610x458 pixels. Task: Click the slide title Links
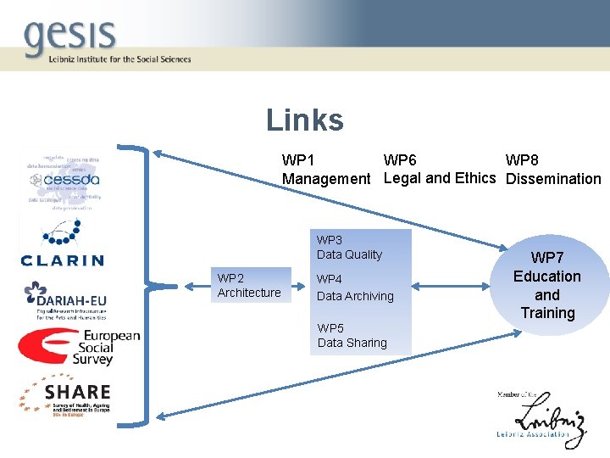coord(305,120)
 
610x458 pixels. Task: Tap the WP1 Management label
coord(326,170)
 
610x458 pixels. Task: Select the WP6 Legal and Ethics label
coord(440,169)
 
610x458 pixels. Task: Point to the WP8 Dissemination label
coord(553,170)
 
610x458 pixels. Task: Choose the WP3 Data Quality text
coord(349,247)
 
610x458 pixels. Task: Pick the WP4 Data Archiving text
coord(355,288)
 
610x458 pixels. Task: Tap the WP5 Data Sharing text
coord(352,335)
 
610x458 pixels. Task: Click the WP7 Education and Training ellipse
coord(547,285)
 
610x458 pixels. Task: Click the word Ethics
coord(475,178)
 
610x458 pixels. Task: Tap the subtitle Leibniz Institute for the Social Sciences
coord(108,59)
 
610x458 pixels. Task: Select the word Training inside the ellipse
coord(547,313)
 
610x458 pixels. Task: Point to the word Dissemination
coord(553,179)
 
